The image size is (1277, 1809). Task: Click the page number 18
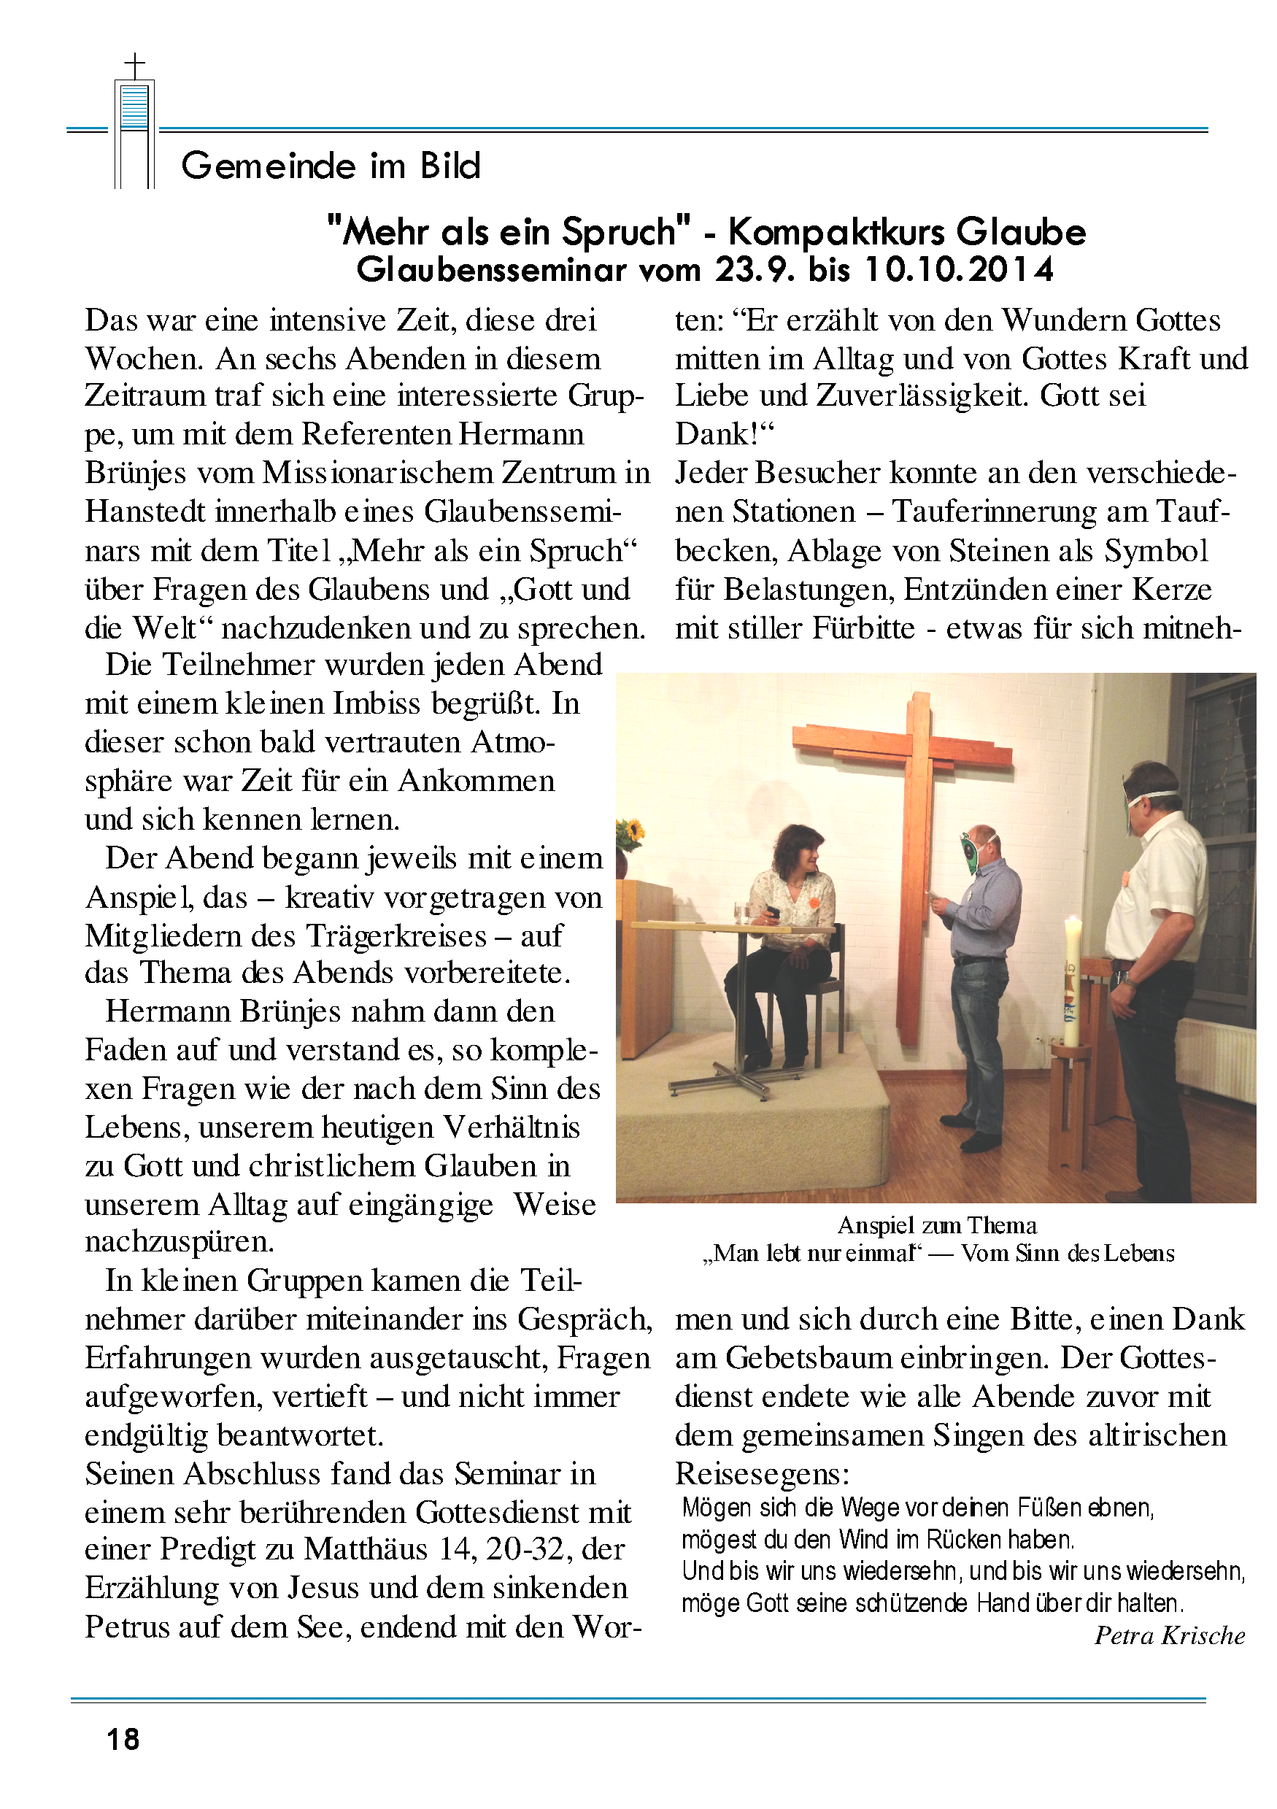123,1739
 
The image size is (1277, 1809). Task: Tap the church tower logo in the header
135,122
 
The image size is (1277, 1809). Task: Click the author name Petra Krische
1169,1635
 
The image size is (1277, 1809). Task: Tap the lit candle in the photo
1072,981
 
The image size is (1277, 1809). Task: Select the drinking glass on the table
741,912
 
